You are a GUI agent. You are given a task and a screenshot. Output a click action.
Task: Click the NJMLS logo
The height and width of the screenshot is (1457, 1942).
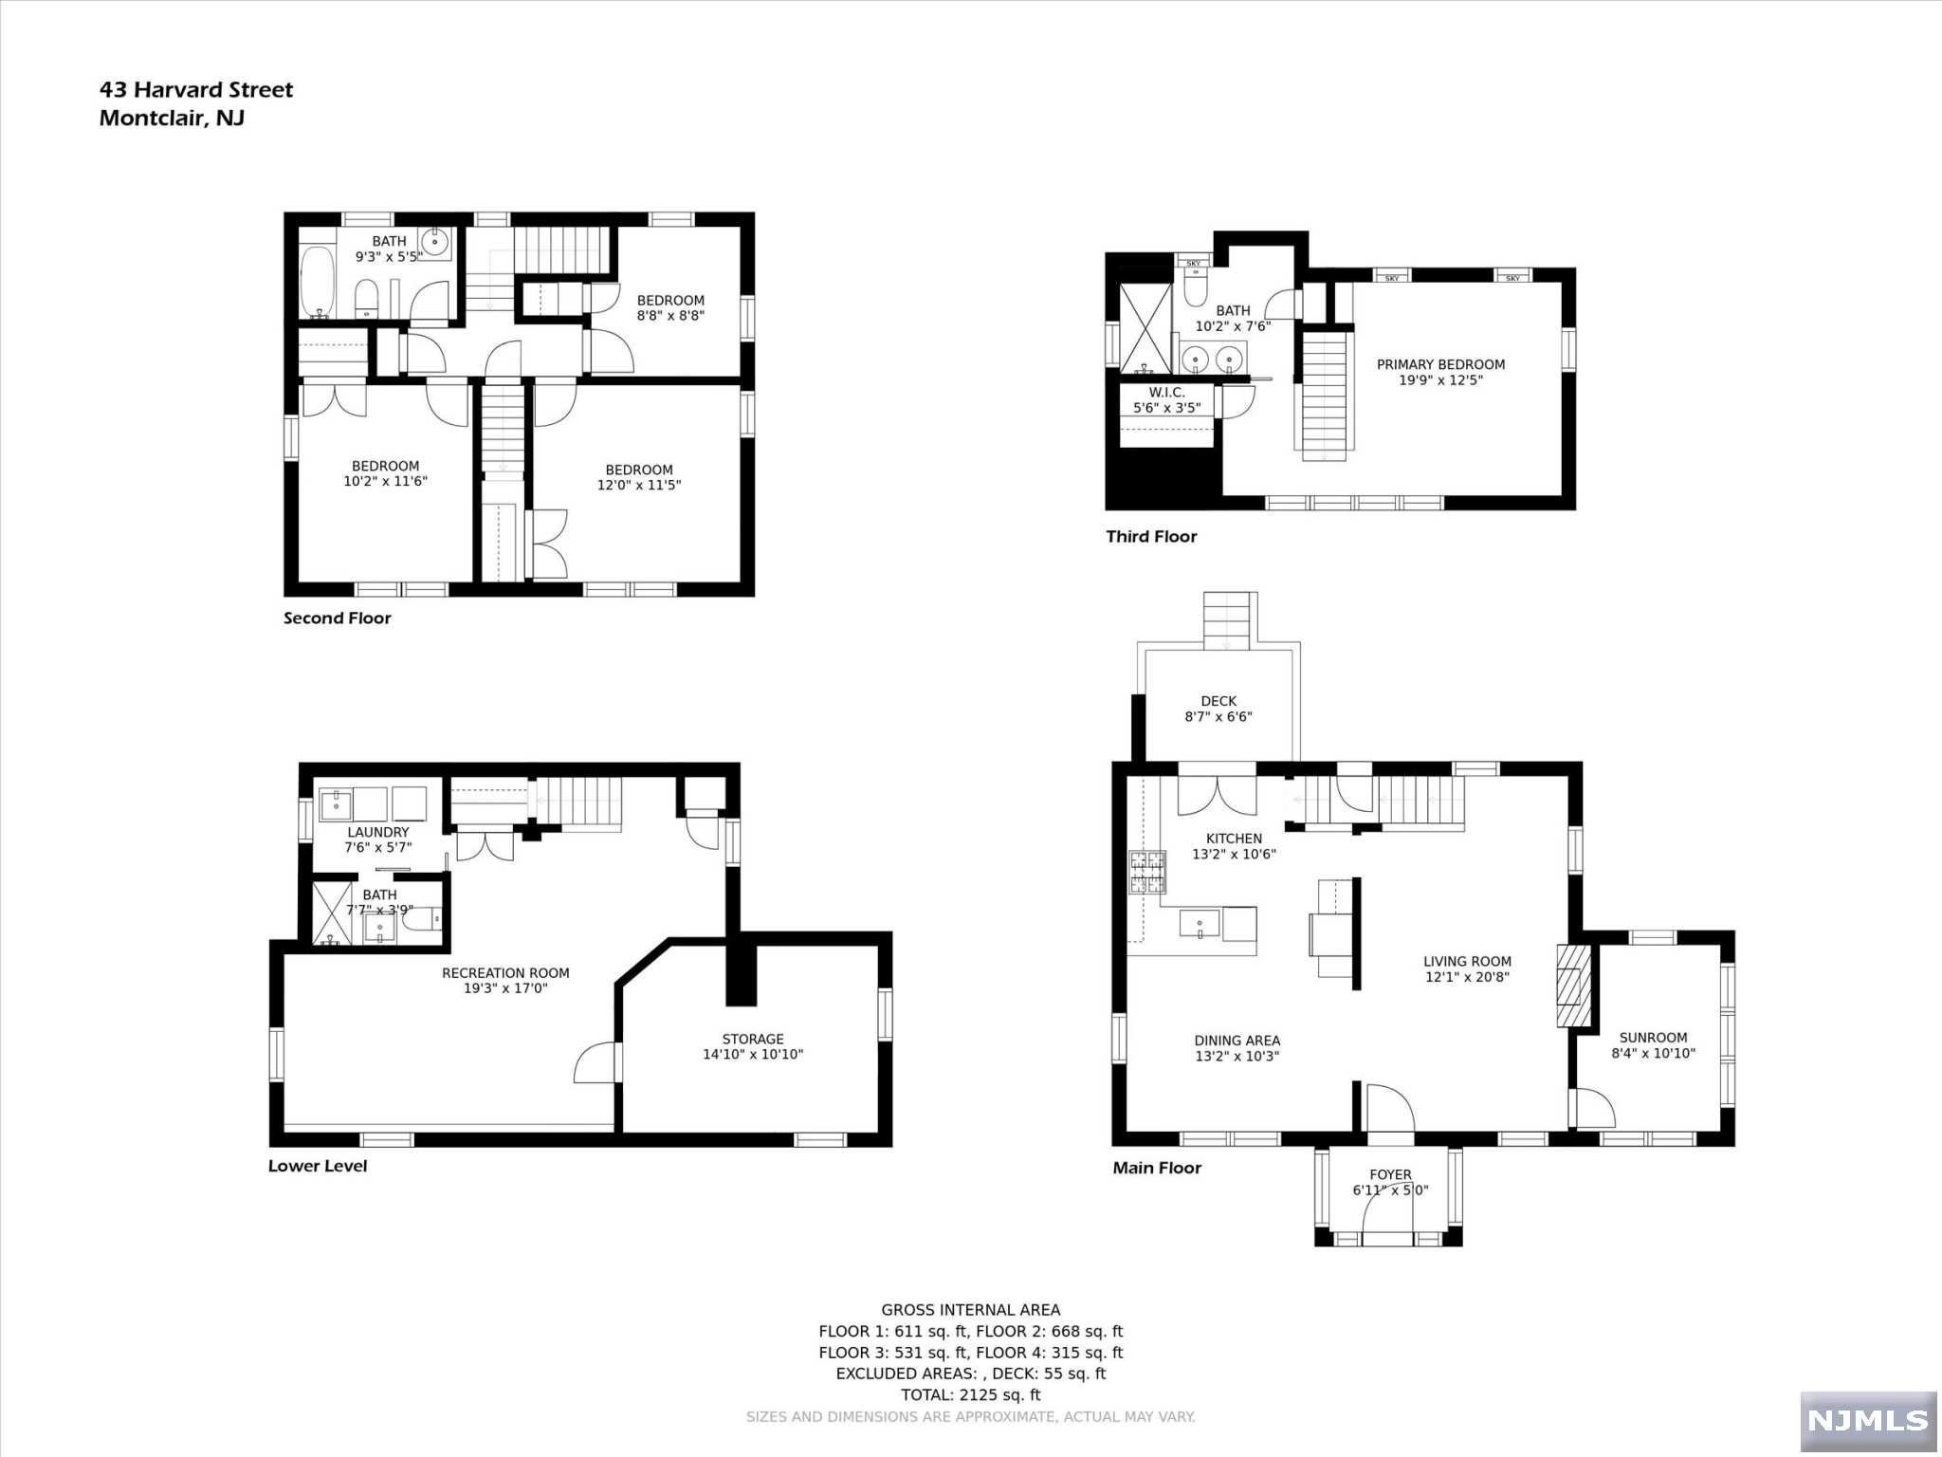pyautogui.click(x=1867, y=1420)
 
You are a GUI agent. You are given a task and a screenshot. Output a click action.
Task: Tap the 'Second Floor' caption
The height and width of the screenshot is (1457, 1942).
pyautogui.click(x=338, y=618)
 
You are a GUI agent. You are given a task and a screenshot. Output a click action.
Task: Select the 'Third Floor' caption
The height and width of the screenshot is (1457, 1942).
pyautogui.click(x=1151, y=537)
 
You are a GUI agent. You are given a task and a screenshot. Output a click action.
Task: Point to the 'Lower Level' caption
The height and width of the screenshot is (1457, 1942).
pyautogui.click(x=318, y=1166)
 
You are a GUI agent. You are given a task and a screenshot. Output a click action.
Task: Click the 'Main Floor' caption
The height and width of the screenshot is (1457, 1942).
pyautogui.click(x=1157, y=1168)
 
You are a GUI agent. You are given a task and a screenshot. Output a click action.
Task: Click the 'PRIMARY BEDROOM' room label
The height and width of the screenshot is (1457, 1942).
pyautogui.click(x=1441, y=364)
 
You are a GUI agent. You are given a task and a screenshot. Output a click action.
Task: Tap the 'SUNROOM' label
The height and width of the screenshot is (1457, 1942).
pyautogui.click(x=1654, y=1038)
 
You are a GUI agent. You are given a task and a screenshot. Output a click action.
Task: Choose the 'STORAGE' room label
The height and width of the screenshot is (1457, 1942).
pyautogui.click(x=753, y=1039)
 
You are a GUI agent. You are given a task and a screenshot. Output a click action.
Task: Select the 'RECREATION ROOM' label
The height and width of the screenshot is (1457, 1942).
pyautogui.click(x=505, y=973)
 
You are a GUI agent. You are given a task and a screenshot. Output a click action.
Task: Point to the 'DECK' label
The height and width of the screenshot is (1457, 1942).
pyautogui.click(x=1218, y=702)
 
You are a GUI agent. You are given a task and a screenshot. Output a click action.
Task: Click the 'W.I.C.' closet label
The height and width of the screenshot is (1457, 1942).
pyautogui.click(x=1167, y=393)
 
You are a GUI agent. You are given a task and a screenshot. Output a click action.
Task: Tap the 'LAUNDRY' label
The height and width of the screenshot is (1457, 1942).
pyautogui.click(x=378, y=833)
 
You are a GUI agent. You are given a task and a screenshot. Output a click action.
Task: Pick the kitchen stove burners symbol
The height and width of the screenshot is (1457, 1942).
pyautogui.click(x=1146, y=873)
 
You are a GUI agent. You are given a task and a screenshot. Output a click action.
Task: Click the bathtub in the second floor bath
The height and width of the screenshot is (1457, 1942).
pyautogui.click(x=317, y=283)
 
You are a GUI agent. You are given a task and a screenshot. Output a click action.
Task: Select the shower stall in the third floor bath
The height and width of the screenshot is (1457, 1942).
pyautogui.click(x=1145, y=328)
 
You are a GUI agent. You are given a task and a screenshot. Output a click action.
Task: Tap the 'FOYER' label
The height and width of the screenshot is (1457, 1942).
pyautogui.click(x=1390, y=1174)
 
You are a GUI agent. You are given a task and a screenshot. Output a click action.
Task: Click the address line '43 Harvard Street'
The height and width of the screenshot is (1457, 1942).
pyautogui.click(x=196, y=90)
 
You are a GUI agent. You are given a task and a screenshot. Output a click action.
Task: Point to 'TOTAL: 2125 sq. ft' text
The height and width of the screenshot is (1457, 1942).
pyautogui.click(x=971, y=1394)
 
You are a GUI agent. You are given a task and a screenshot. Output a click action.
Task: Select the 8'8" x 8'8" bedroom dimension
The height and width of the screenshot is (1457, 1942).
pyautogui.click(x=670, y=316)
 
